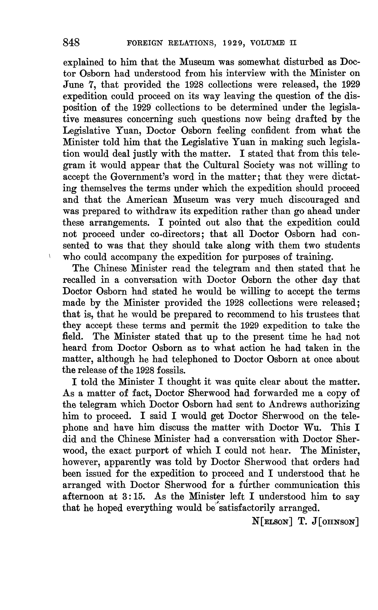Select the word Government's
tap(134, 177)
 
